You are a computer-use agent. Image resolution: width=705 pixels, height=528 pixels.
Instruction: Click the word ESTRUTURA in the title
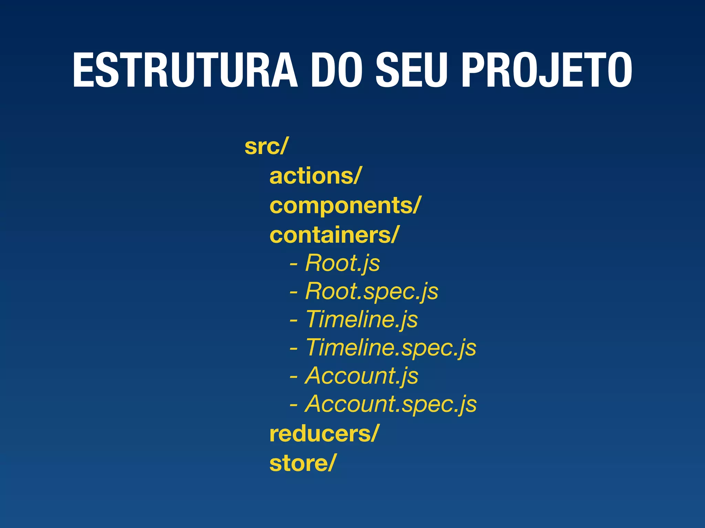coord(185,70)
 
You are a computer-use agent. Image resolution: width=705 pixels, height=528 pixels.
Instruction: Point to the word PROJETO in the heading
coord(546,70)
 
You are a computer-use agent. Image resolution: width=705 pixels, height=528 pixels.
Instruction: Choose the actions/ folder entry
coord(315,176)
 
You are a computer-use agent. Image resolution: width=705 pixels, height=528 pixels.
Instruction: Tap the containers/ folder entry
coord(334,235)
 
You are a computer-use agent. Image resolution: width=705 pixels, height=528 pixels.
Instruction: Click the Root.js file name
coord(343,263)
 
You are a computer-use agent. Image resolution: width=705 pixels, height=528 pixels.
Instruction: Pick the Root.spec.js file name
coord(372,291)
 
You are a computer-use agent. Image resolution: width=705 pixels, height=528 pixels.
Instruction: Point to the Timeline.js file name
coord(361,320)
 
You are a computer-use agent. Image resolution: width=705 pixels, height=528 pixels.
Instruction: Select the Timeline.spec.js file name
coord(391,348)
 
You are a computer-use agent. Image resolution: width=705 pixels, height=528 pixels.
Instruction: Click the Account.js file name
coord(361,376)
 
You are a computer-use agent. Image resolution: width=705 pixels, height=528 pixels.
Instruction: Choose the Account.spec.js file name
coord(391,404)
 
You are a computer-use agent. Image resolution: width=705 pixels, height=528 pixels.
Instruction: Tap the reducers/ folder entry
coord(324,434)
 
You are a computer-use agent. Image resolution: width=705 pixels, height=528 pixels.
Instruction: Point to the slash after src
coord(283,146)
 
